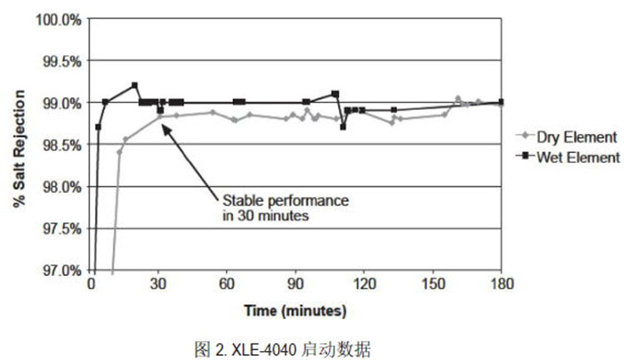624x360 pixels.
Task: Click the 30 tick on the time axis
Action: tap(159, 284)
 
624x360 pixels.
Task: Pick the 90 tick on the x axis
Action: tap(295, 284)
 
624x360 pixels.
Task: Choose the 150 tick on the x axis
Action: tap(433, 284)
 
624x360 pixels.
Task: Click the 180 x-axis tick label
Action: tap(501, 284)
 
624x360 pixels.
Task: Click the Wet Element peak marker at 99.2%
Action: tap(135, 85)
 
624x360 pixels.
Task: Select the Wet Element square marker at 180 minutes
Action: tap(501, 101)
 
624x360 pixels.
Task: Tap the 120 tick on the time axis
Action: tap(364, 284)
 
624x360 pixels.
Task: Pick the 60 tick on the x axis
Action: tap(227, 284)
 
